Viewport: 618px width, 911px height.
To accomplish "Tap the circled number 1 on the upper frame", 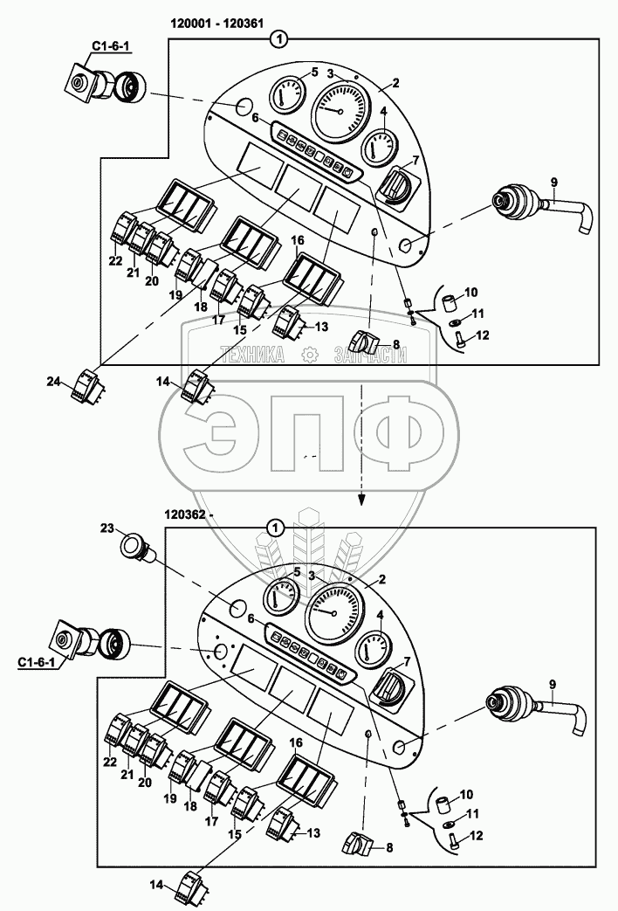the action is (x=279, y=38).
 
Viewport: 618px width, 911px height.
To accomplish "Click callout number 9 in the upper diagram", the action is (x=553, y=182).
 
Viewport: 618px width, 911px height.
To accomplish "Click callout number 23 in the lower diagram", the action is (x=107, y=528).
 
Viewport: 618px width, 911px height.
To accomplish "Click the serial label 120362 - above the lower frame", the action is (x=187, y=516).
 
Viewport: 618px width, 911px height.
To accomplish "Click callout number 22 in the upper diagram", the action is (x=114, y=260).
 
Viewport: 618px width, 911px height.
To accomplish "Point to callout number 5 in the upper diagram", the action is (x=302, y=72).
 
